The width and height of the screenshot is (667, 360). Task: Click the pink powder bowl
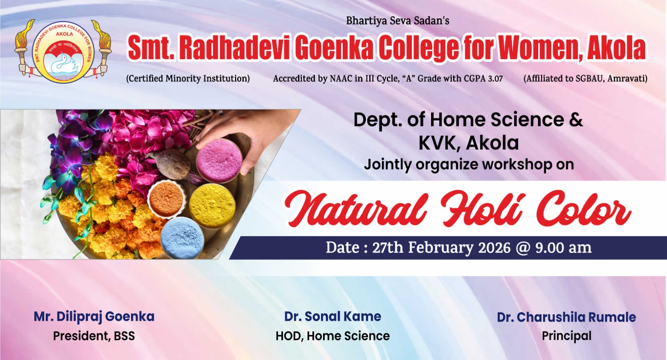click(x=219, y=160)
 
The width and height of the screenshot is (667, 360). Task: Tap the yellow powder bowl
click(x=212, y=205)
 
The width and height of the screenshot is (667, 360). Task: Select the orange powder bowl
click(x=166, y=199)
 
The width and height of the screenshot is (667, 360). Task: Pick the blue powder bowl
click(x=182, y=237)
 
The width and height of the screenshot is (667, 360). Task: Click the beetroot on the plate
click(x=170, y=165)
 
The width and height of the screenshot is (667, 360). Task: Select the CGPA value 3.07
click(x=495, y=79)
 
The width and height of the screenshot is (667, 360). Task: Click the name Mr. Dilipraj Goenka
click(x=94, y=317)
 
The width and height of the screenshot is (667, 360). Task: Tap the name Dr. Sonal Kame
click(x=333, y=316)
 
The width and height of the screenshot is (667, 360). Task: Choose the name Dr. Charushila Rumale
click(x=567, y=317)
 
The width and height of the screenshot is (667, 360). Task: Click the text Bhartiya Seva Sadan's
click(x=398, y=21)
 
